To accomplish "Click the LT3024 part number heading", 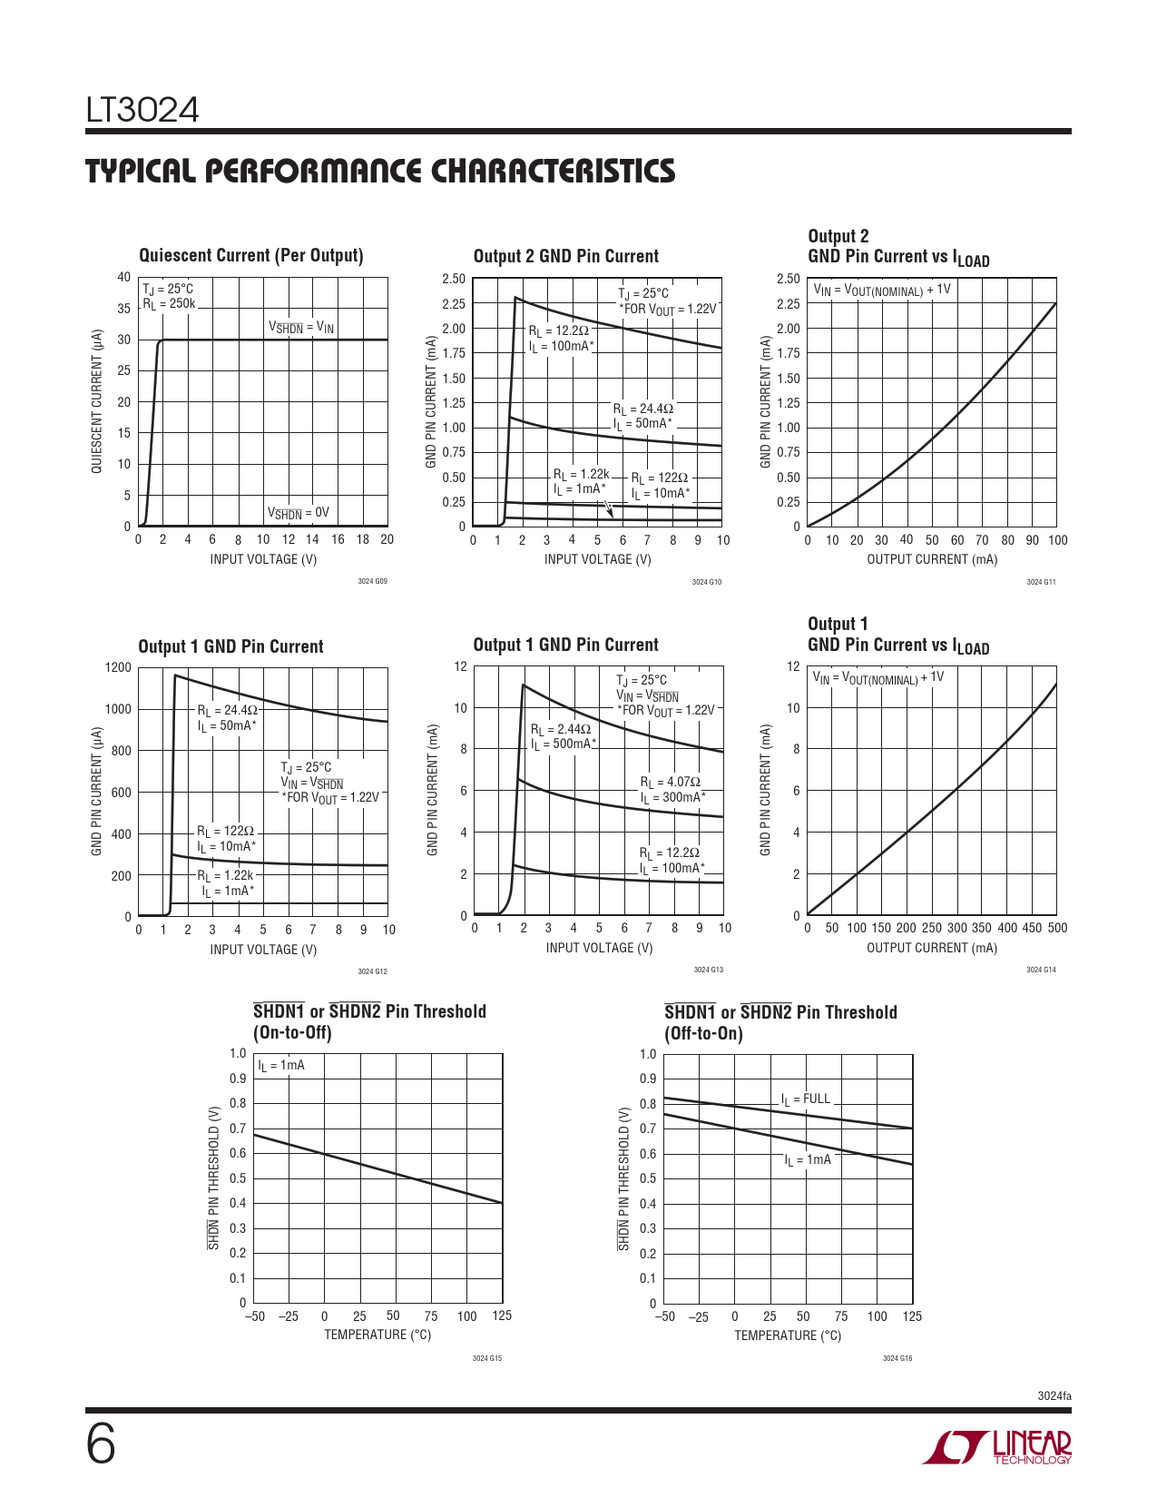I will click(x=142, y=111).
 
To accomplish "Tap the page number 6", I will click(x=101, y=1444).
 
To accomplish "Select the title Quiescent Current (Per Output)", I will click(x=250, y=256).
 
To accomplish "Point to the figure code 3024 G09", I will click(x=372, y=581).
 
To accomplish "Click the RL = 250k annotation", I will click(x=169, y=304).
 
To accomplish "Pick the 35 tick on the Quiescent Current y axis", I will click(x=124, y=309).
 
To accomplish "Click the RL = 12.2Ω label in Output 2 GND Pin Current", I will click(x=559, y=331).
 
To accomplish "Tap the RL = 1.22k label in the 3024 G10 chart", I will click(x=582, y=475).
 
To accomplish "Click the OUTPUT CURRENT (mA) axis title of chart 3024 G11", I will click(x=932, y=559).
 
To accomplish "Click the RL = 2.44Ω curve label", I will click(x=561, y=729).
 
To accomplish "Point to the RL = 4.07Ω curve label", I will click(x=671, y=782).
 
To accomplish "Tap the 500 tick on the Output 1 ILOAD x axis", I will click(x=1057, y=928).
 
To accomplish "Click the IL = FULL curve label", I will click(x=806, y=1099).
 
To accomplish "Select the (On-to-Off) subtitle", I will click(x=292, y=1033).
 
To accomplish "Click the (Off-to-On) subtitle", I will click(x=703, y=1034).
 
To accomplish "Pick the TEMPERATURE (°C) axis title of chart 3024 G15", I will click(x=377, y=1335).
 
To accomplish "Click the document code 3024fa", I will click(x=1054, y=1395).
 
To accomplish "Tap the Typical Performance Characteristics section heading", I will click(x=380, y=172).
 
